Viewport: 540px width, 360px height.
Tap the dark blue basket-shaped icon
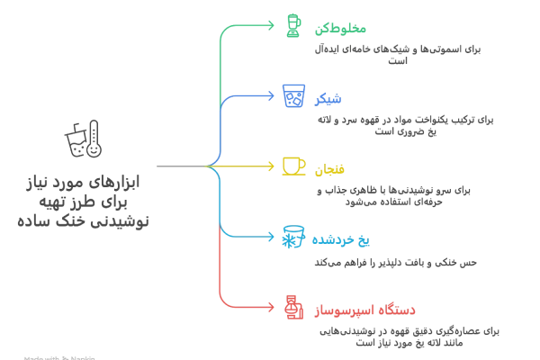click(292, 94)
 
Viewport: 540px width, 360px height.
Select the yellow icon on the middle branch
click(292, 166)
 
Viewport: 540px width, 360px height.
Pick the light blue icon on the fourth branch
click(292, 238)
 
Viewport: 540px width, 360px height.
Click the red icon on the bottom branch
click(292, 309)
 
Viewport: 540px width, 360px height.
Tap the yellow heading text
click(324, 167)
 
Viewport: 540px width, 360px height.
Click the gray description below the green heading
click(392, 50)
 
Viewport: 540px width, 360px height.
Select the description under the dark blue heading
click(407, 124)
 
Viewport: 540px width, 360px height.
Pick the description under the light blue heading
click(396, 264)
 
